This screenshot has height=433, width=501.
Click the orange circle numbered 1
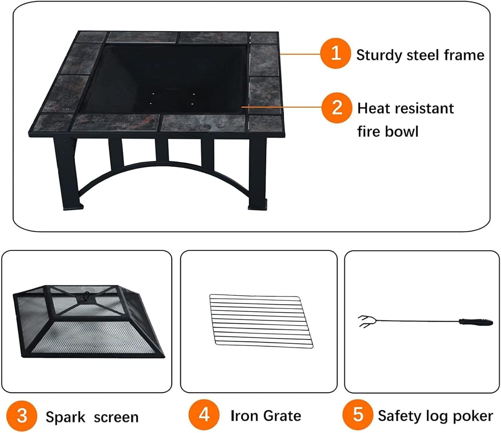(x=335, y=53)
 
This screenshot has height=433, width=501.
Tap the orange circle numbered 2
(x=337, y=108)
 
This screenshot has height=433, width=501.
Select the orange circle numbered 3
(x=22, y=416)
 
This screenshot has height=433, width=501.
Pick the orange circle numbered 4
(x=204, y=415)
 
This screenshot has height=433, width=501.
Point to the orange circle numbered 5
(x=358, y=415)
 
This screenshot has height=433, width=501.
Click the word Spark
(x=65, y=417)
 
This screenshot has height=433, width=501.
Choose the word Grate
(x=282, y=416)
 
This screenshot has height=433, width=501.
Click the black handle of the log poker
(x=476, y=322)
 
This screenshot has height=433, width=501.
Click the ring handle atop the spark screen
(x=86, y=295)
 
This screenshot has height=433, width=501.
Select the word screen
(x=116, y=417)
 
